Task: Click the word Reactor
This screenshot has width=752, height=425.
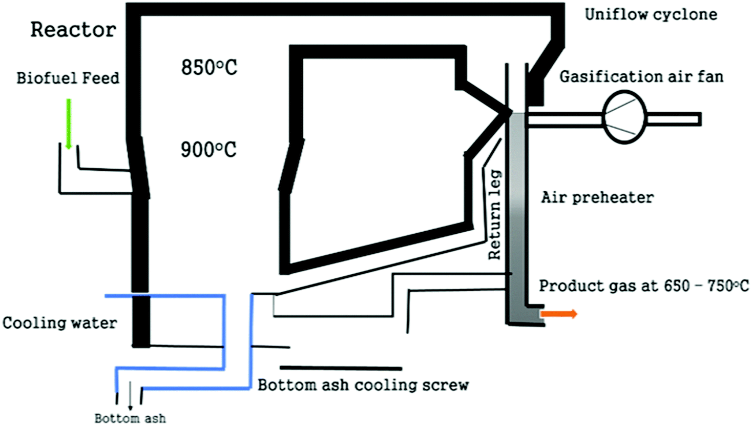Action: click(73, 30)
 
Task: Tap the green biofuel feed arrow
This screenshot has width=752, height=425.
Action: click(69, 123)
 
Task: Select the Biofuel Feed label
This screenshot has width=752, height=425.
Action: click(68, 78)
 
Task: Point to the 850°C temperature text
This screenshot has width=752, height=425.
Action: click(209, 67)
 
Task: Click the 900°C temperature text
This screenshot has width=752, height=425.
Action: click(208, 149)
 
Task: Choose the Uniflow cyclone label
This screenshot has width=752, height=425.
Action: click(651, 14)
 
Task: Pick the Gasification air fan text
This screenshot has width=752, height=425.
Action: click(641, 77)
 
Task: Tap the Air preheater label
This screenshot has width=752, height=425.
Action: click(597, 197)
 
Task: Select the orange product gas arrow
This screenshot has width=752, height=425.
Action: click(559, 314)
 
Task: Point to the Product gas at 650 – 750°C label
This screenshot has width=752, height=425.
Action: click(643, 286)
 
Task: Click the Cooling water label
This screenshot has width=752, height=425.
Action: click(59, 323)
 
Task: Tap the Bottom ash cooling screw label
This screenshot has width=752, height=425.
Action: click(363, 384)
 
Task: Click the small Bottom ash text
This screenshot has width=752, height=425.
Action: click(130, 418)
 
